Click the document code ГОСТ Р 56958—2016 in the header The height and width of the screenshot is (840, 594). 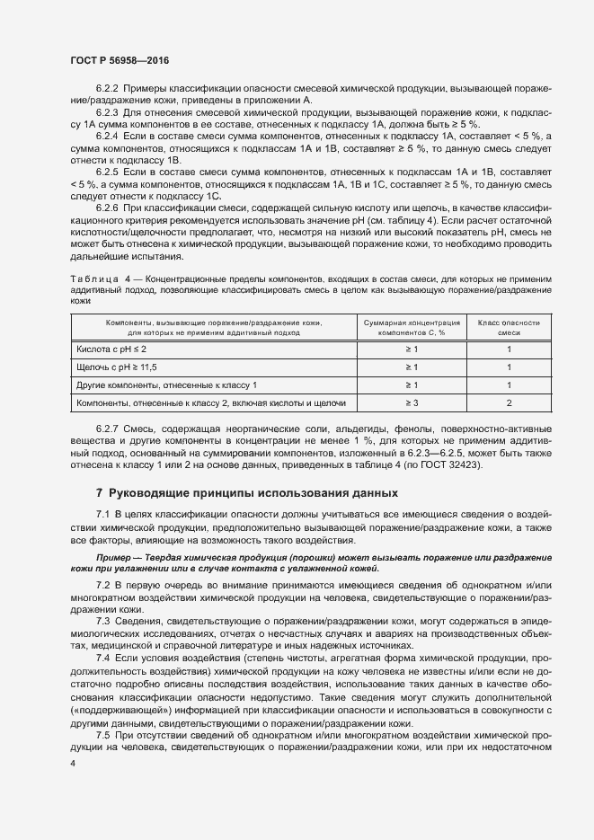click(119, 59)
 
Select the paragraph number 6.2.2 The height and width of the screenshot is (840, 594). click(107, 88)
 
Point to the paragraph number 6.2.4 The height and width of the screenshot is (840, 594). click(107, 135)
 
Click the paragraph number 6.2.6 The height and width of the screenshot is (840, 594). click(107, 206)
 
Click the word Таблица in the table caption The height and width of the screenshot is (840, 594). click(94, 280)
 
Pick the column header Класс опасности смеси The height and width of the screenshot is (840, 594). click(509, 326)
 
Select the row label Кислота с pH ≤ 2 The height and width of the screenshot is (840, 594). click(111, 349)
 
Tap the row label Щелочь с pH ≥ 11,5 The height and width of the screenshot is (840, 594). click(117, 367)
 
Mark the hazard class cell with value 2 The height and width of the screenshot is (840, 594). click(509, 402)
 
